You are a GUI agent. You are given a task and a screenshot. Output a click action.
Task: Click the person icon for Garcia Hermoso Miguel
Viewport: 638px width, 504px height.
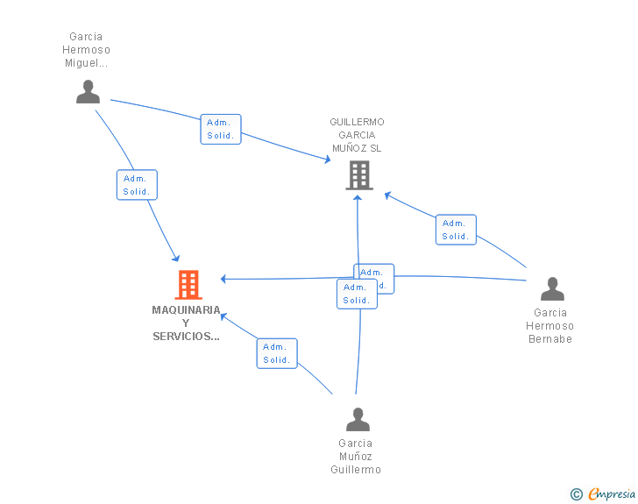point(88,92)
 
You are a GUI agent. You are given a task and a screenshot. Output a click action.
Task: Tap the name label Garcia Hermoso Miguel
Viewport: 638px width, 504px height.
point(88,50)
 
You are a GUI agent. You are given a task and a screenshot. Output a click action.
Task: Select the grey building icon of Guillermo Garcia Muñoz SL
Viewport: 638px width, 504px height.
point(358,175)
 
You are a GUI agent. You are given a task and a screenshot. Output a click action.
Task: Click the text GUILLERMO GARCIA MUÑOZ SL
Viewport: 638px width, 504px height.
point(357,135)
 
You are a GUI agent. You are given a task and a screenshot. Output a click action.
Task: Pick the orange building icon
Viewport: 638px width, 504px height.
point(188,285)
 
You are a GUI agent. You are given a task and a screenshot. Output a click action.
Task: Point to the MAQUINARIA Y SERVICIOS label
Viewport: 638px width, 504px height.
point(186,323)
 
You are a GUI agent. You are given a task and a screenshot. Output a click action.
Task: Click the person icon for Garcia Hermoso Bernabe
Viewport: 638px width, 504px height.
point(552,289)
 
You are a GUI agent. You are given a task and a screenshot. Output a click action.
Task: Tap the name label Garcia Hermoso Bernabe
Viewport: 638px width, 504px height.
point(549,326)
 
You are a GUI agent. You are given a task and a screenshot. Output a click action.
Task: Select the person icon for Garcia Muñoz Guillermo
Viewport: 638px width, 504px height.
point(358,420)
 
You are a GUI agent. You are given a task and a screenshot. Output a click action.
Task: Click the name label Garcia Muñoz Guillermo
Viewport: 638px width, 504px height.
point(356,457)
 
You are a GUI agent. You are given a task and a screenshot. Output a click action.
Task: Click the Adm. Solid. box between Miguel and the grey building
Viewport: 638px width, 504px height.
point(221,129)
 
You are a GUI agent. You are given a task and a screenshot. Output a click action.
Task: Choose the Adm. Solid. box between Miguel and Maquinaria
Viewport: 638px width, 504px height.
point(137,185)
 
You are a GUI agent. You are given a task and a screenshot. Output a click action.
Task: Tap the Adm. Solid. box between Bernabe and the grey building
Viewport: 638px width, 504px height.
point(456,230)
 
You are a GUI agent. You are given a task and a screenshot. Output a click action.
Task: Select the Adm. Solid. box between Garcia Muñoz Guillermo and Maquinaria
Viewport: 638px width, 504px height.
point(277,353)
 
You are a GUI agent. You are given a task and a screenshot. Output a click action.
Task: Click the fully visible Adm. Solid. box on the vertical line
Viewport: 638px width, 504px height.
point(357,294)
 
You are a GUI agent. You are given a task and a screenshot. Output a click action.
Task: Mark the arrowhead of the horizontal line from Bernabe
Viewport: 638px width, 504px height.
point(223,279)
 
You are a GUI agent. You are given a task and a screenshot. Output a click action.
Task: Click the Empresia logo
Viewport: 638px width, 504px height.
point(612,493)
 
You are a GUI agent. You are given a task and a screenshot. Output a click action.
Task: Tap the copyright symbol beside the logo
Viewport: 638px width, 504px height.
point(576,494)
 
